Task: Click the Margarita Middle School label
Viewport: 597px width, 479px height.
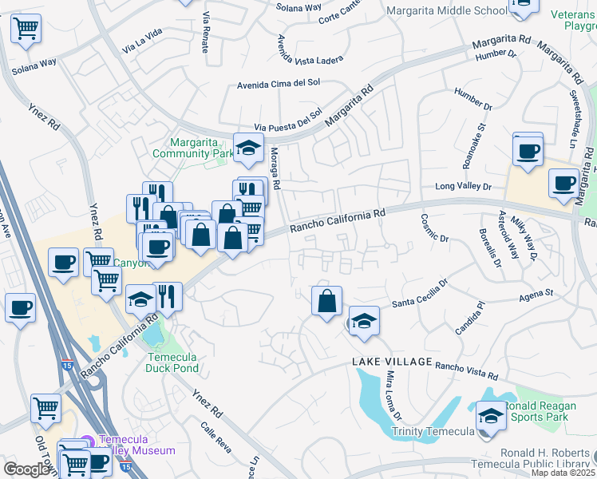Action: click(x=446, y=10)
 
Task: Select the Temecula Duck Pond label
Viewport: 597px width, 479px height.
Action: click(x=172, y=362)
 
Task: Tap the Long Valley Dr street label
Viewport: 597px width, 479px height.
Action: click(x=464, y=187)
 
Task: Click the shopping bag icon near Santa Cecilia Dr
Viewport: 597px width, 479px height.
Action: click(x=326, y=301)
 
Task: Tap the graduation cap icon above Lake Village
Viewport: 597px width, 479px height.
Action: click(x=364, y=321)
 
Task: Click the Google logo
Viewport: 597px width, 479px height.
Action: click(x=26, y=469)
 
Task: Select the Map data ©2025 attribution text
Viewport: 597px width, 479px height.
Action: click(x=563, y=473)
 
